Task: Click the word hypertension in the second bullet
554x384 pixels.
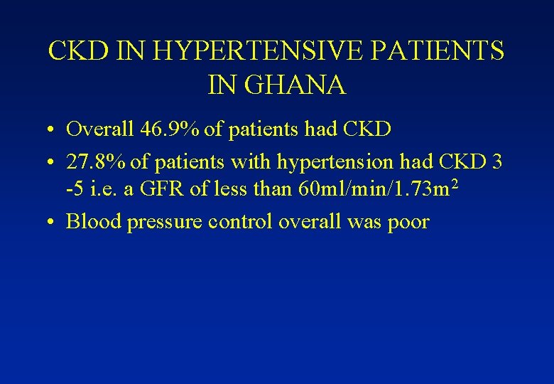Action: pyautogui.click(x=335, y=162)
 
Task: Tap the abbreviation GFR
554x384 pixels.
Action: pyautogui.click(x=164, y=191)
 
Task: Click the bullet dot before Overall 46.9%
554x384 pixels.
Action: pyautogui.click(x=53, y=131)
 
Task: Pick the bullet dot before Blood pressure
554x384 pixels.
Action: pyautogui.click(x=53, y=223)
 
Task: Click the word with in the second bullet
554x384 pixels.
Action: pyautogui.click(x=251, y=162)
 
